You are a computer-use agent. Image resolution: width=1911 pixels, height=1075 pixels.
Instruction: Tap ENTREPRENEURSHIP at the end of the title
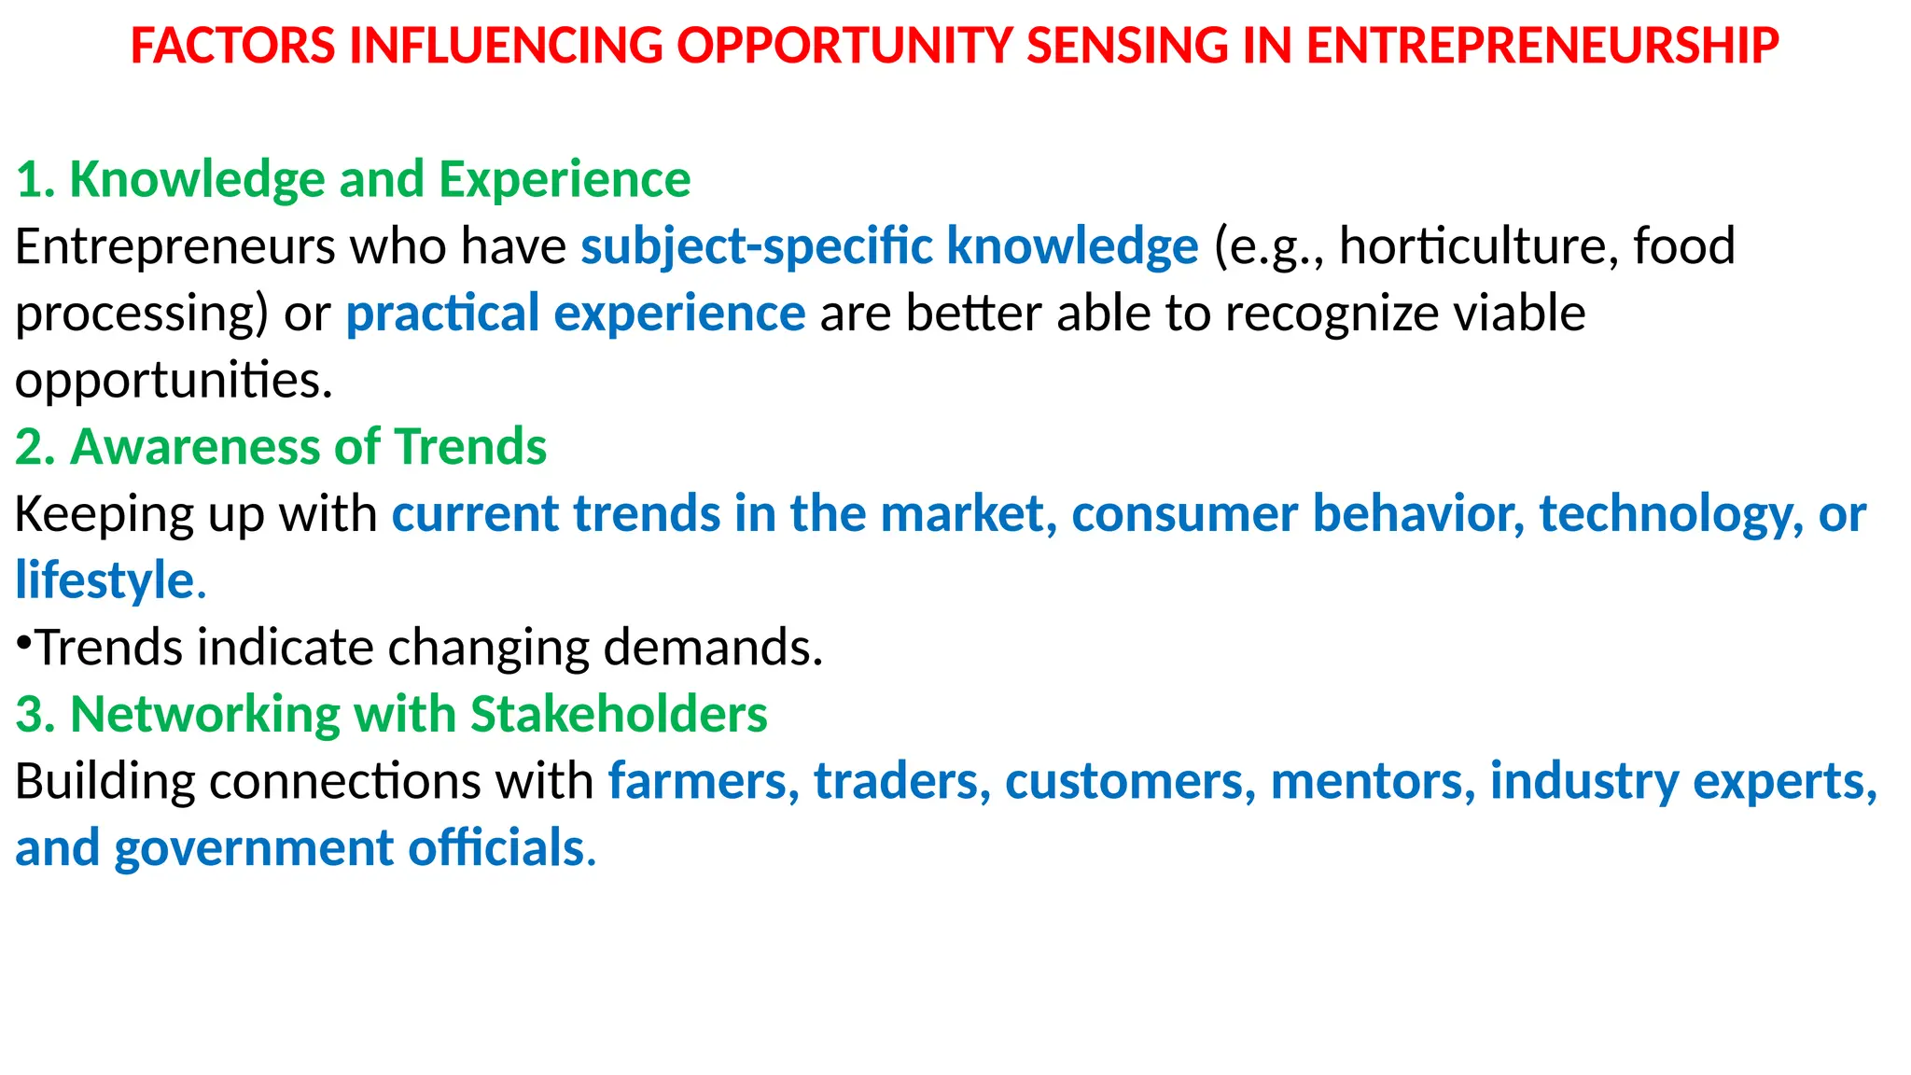(1542, 46)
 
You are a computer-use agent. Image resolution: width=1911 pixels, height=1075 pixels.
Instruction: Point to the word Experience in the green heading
(565, 179)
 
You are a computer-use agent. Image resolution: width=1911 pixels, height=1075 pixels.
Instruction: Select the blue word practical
(442, 314)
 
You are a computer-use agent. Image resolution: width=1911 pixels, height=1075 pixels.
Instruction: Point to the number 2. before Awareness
(35, 447)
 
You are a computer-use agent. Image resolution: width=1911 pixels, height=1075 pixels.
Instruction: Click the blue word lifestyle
(104, 580)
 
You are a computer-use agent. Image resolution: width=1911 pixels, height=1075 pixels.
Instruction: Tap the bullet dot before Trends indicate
(24, 642)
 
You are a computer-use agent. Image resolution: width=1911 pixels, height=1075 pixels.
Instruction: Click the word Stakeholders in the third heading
(619, 715)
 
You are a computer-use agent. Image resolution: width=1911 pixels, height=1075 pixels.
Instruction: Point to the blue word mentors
(1373, 782)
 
